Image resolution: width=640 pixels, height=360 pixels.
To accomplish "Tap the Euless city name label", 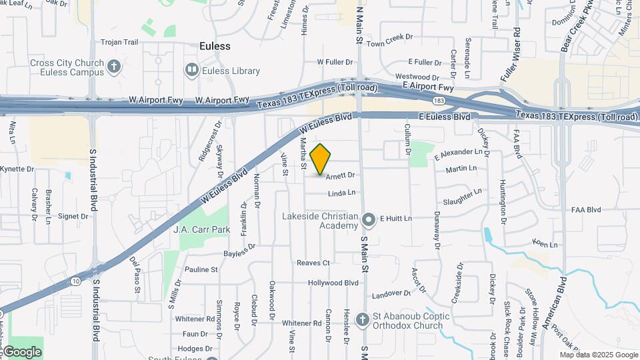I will point(215,46).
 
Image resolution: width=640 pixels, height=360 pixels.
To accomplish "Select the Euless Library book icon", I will point(192,70).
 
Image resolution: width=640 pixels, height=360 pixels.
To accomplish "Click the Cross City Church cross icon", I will point(115,66).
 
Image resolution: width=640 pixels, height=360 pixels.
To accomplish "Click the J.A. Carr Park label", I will point(192,229).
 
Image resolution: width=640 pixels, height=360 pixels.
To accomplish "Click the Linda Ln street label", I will point(341,193).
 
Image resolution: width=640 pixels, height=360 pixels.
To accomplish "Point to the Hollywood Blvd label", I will point(333,283).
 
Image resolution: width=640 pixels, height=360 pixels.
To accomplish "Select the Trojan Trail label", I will point(119,42).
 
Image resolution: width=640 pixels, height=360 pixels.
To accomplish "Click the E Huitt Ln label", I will point(396,218).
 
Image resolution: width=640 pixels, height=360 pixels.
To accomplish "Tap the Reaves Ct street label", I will point(313,263).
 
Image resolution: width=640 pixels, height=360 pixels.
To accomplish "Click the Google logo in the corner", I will point(22,351).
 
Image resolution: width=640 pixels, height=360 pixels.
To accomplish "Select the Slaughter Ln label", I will point(462,197).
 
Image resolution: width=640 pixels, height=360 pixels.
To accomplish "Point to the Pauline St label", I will point(201,270).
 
